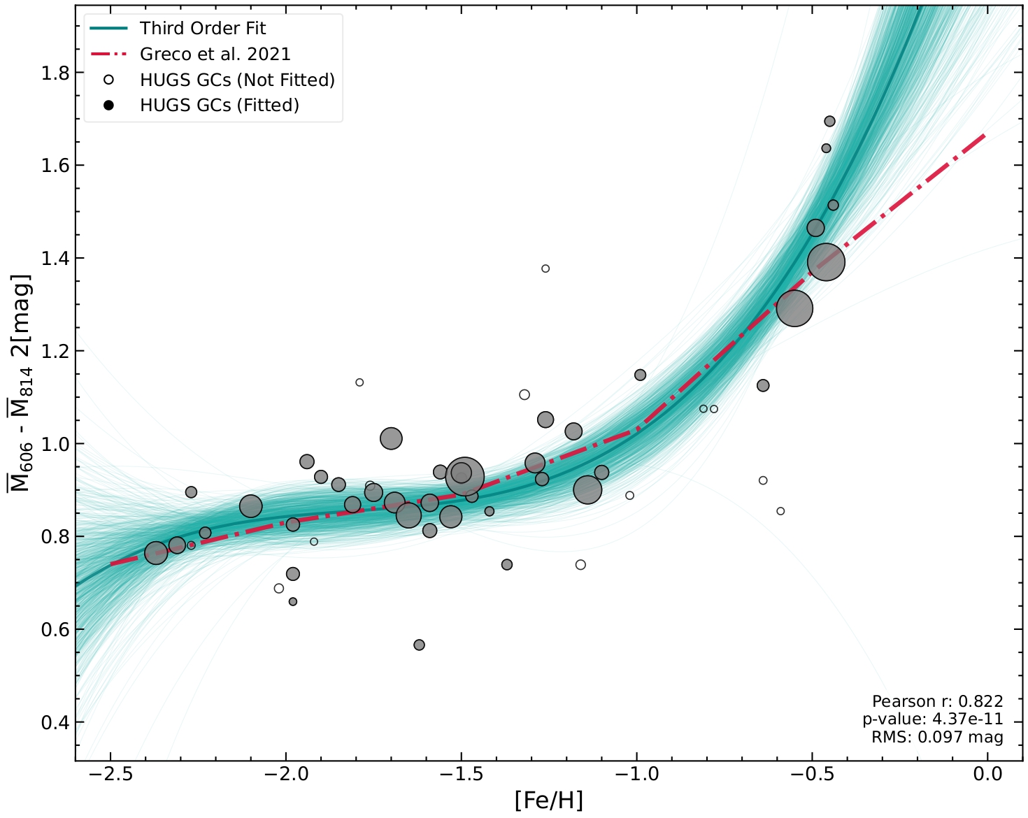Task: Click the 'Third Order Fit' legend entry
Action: click(202, 29)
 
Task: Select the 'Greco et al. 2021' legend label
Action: click(215, 55)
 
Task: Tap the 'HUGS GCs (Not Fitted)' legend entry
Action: click(237, 80)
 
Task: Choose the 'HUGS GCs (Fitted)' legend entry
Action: click(219, 106)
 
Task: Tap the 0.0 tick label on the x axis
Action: click(987, 774)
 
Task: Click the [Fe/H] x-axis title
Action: click(548, 800)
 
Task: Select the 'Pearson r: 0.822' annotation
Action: click(937, 701)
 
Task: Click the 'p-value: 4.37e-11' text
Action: click(932, 719)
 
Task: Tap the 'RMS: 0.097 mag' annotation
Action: click(937, 737)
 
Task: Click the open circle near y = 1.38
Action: click(545, 268)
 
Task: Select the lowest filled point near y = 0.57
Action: click(419, 645)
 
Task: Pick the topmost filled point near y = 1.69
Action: click(829, 122)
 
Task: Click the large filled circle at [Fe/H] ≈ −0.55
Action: click(794, 308)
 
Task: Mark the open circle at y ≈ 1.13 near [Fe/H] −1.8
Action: click(359, 382)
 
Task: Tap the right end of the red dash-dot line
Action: click(985, 135)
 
